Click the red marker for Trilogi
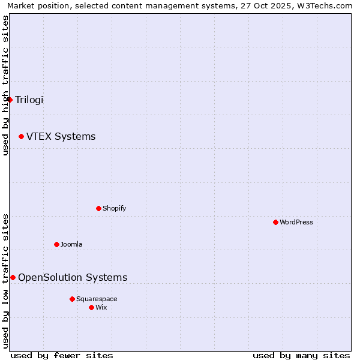click(x=10, y=100)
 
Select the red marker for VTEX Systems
click(x=21, y=137)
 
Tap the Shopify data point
click(x=98, y=209)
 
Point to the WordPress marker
click(x=275, y=223)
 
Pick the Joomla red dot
click(x=56, y=245)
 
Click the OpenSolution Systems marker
click(x=13, y=277)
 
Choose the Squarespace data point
click(x=72, y=299)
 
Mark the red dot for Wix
click(x=91, y=307)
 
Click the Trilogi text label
click(x=29, y=100)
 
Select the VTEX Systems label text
click(x=61, y=137)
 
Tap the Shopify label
click(x=114, y=209)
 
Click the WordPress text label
click(x=296, y=223)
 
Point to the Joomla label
click(x=71, y=245)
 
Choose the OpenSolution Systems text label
click(x=73, y=277)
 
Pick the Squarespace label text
click(x=97, y=299)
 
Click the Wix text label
click(x=101, y=307)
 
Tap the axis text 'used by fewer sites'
click(x=62, y=355)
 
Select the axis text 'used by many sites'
click(x=301, y=355)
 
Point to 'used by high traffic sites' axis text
click(x=5, y=85)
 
